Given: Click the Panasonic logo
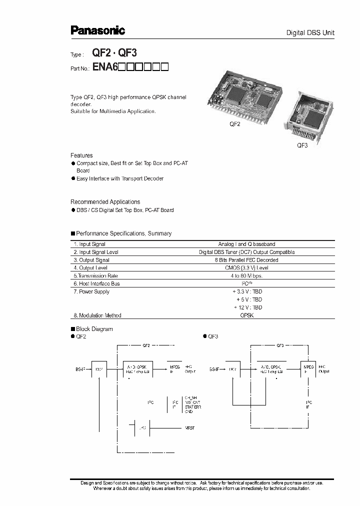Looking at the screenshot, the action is (97, 31).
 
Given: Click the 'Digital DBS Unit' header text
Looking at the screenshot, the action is (310, 33).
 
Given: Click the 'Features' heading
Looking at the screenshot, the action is (81, 155).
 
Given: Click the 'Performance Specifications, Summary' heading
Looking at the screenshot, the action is (123, 233).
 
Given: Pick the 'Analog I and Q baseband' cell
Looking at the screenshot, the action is (246, 244).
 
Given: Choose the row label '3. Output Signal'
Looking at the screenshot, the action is (91, 260).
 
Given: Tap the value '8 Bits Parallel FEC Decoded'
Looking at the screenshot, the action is (246, 260).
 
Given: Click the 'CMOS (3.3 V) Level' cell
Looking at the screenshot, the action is (246, 268).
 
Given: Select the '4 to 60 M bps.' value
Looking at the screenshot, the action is (246, 276).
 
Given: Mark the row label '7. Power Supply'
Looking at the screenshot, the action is (91, 291).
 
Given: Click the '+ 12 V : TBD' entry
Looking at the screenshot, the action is (247, 307).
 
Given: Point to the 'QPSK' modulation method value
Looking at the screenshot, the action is (246, 315).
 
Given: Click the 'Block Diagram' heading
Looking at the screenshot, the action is (94, 329).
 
